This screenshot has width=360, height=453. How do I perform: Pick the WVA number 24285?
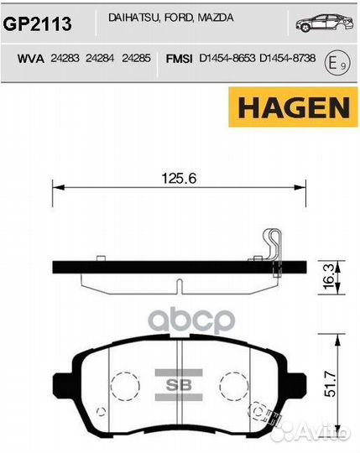pos(136,60)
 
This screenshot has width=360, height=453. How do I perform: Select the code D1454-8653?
pos(226,60)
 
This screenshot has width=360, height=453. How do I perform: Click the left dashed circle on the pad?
pos(123,383)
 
